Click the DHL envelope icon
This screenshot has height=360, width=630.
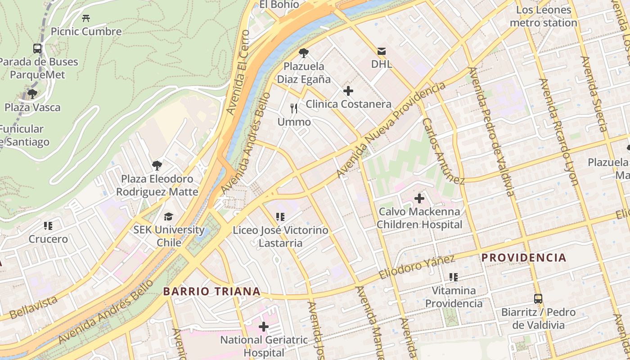click(x=382, y=51)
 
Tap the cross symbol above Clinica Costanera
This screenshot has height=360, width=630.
click(x=348, y=91)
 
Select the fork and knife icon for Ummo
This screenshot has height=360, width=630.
click(x=294, y=108)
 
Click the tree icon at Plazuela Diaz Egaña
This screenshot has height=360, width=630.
click(x=304, y=53)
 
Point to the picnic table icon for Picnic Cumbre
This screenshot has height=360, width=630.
click(x=86, y=18)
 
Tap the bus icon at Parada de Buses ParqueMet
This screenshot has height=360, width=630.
click(x=37, y=48)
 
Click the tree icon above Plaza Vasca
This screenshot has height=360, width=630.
click(x=32, y=94)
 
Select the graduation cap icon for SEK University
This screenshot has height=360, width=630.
click(x=168, y=216)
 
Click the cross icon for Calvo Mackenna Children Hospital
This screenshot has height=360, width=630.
click(x=419, y=198)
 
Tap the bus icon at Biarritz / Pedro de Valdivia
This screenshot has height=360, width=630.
click(x=538, y=298)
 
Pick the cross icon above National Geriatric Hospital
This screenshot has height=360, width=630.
click(x=264, y=327)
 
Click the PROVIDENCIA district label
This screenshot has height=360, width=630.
click(x=524, y=258)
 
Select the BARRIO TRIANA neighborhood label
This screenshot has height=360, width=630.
click(x=211, y=292)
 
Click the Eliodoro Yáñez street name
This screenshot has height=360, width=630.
click(x=417, y=267)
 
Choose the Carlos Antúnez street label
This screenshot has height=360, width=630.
click(x=443, y=151)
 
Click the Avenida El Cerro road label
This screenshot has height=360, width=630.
click(x=238, y=72)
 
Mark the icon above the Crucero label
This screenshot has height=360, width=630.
click(x=48, y=225)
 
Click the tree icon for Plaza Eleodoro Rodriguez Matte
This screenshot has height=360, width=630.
click(x=157, y=166)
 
